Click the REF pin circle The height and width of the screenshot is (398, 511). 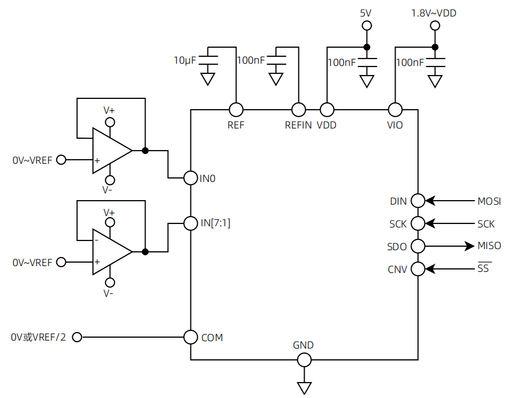click(236, 109)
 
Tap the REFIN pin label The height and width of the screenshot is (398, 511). click(298, 125)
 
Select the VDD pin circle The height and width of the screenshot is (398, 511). click(327, 109)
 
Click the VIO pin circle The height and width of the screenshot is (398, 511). click(395, 109)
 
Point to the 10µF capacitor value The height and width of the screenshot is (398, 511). click(185, 60)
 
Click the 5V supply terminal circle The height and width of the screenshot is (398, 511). click(367, 25)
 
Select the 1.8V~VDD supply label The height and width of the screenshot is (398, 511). click(434, 12)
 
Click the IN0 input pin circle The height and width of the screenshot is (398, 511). click(190, 178)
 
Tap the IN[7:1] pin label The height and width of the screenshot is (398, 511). click(215, 223)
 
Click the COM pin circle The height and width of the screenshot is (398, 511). click(190, 337)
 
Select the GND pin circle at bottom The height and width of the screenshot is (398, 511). click(305, 359)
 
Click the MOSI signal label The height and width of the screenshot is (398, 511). click(489, 201)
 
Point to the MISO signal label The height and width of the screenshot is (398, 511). click(489, 246)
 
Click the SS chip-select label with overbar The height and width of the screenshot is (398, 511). click(483, 268)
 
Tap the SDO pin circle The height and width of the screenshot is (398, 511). click(418, 246)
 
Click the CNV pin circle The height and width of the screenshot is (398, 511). click(418, 268)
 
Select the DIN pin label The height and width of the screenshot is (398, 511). click(398, 201)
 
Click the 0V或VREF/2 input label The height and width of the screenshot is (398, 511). click(39, 338)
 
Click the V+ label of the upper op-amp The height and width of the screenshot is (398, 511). click(109, 110)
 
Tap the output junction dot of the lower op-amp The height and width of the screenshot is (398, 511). click(145, 252)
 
